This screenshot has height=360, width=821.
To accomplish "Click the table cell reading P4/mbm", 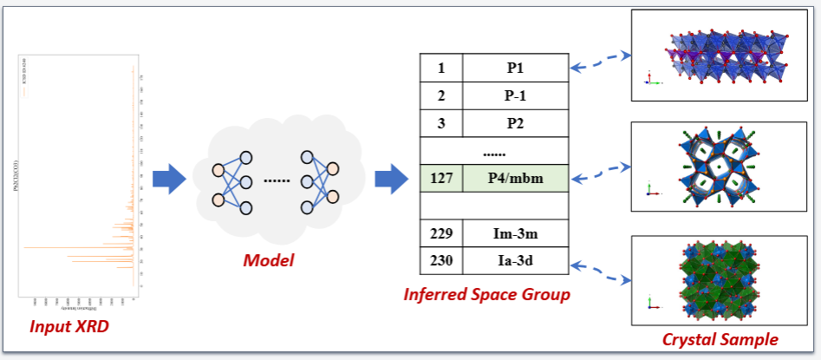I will click(x=515, y=179).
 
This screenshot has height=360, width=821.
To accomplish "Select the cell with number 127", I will click(x=441, y=179).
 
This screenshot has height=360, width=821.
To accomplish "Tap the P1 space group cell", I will click(x=515, y=67).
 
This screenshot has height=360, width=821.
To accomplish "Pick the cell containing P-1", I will click(x=515, y=95).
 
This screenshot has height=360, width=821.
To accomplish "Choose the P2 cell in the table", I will click(x=515, y=122).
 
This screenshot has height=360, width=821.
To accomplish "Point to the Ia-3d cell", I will click(x=515, y=260).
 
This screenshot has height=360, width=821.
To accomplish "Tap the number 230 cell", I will click(x=441, y=260).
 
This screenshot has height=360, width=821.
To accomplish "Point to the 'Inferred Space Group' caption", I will click(x=486, y=295).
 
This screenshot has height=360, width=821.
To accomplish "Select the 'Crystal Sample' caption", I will click(x=720, y=339).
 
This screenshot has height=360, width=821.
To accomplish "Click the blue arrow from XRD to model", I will click(x=169, y=179).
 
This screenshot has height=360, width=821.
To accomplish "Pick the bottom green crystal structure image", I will click(x=719, y=280).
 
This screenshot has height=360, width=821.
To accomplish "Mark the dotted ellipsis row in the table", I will click(x=494, y=150).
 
